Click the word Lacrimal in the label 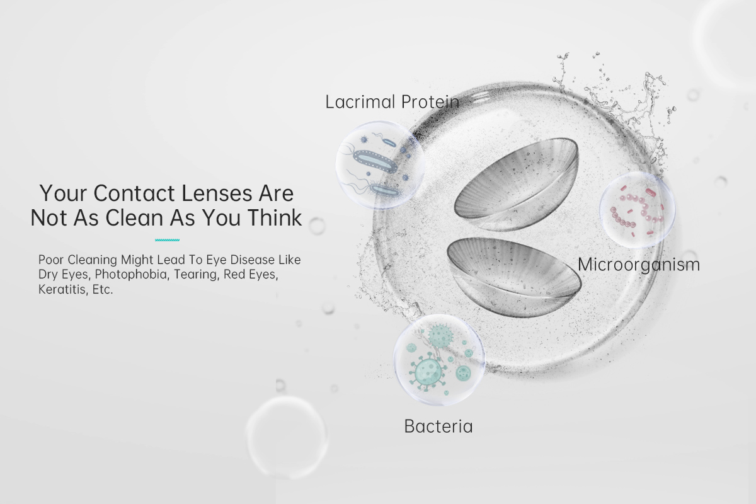[360, 101]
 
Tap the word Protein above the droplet [430, 101]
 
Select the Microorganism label [639, 265]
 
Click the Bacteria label [438, 426]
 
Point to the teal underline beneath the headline [167, 240]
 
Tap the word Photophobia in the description [131, 275]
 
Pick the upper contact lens [517, 184]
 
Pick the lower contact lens [514, 277]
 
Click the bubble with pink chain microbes [637, 210]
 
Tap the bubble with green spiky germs [438, 360]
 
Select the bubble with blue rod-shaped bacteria [380, 165]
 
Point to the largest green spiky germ [427, 371]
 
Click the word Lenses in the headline [217, 193]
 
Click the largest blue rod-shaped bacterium [375, 162]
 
